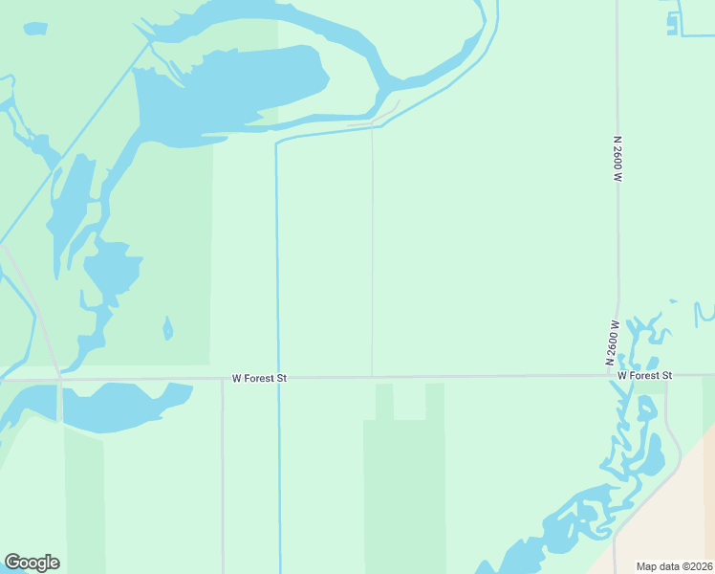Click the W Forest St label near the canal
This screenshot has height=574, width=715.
(x=259, y=379)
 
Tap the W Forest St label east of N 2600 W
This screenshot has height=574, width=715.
(x=644, y=376)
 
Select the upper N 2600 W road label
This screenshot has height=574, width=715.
(x=618, y=159)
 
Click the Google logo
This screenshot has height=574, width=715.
(x=32, y=562)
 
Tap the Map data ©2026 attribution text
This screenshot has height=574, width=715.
(x=675, y=566)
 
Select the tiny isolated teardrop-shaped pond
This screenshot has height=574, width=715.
(x=168, y=330)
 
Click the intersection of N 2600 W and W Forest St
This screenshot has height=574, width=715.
(x=617, y=375)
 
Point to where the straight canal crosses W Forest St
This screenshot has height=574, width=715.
(x=279, y=378)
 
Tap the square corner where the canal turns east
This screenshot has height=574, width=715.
(x=276, y=143)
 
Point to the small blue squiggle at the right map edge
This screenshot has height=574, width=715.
(x=704, y=312)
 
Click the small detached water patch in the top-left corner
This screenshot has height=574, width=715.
(x=34, y=29)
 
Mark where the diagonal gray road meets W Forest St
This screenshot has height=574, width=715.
(x=59, y=379)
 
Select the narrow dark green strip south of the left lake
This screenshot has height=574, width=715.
(x=84, y=497)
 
